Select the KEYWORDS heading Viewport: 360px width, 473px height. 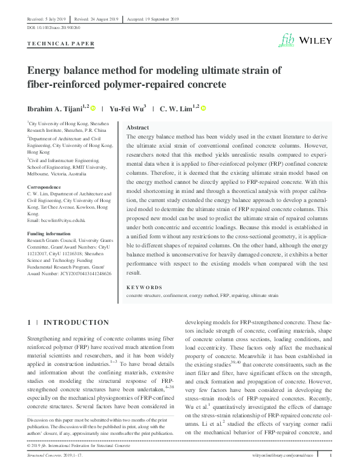click(x=145, y=287)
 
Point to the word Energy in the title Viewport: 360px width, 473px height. click(x=48, y=70)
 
